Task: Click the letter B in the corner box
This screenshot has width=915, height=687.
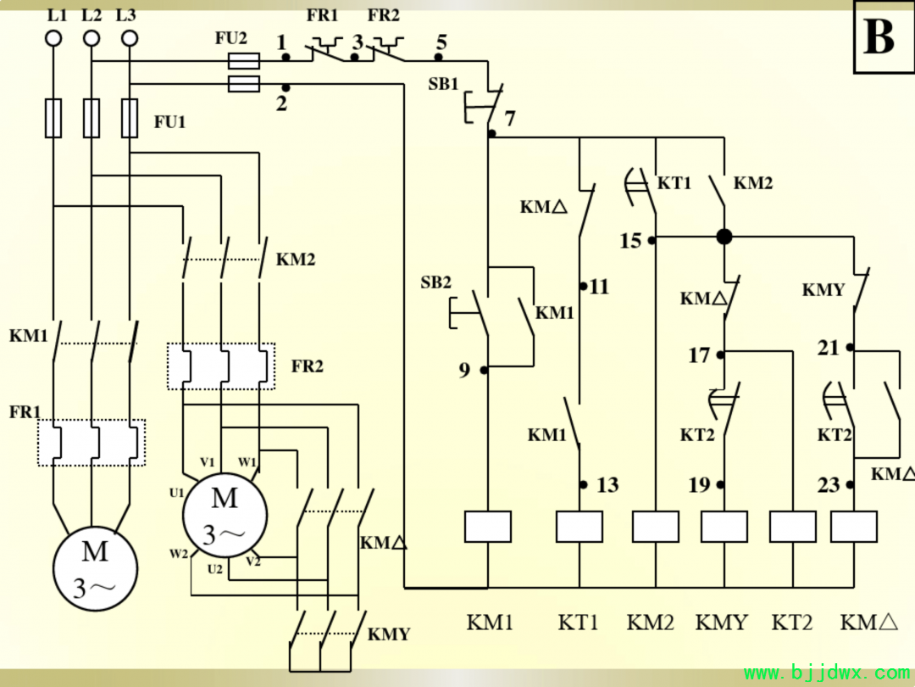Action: (879, 36)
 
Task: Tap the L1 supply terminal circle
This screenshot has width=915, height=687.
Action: (53, 39)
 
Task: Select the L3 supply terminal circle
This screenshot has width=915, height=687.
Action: (129, 39)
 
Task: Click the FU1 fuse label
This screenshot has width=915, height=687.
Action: (169, 122)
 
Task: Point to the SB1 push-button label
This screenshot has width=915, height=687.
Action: (443, 84)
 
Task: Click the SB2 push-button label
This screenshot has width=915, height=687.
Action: (436, 282)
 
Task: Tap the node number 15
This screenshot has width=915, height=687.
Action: (630, 241)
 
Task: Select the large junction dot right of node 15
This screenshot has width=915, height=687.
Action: (724, 237)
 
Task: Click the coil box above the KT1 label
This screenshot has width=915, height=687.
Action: (579, 527)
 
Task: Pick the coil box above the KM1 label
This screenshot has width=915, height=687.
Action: (488, 527)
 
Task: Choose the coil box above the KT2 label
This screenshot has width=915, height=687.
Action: (792, 527)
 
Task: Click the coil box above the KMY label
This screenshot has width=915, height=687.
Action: (724, 527)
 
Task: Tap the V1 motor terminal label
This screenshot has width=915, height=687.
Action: (208, 462)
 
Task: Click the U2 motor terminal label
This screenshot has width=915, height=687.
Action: (214, 569)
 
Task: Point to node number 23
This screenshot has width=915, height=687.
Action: (829, 485)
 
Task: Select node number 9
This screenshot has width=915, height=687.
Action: (464, 370)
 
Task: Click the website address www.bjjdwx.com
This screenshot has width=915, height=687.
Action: (827, 673)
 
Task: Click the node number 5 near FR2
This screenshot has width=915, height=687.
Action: (441, 42)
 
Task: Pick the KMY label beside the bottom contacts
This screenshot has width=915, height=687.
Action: (389, 634)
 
